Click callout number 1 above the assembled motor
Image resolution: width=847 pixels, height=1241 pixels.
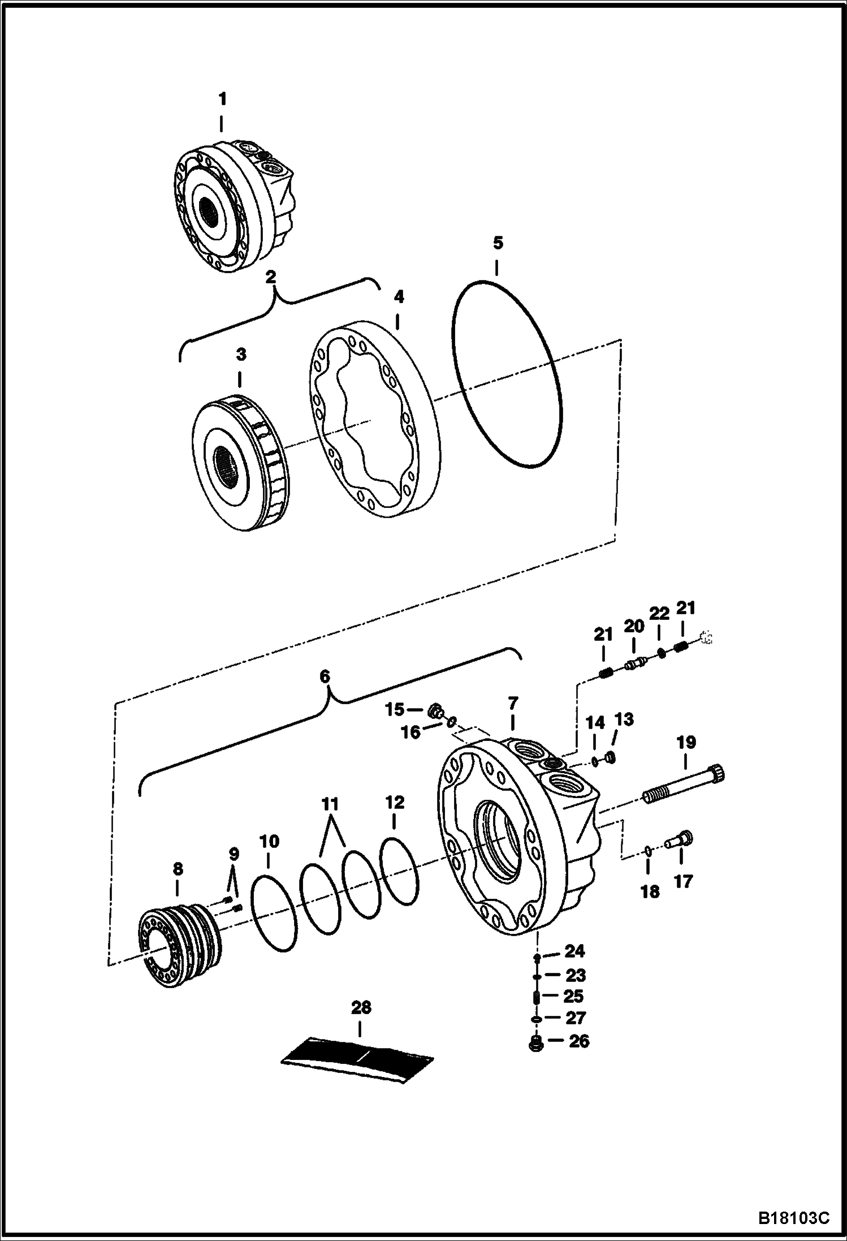222,99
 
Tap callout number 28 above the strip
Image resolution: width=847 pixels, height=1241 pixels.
361,1007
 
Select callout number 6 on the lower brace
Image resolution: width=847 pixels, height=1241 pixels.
325,676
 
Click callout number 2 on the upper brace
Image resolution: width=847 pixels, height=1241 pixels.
271,277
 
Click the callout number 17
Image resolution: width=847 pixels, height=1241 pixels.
683,881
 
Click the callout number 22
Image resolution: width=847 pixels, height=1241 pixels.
659,614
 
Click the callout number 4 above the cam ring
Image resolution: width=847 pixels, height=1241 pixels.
399,296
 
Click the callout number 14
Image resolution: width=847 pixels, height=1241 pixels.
595,722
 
